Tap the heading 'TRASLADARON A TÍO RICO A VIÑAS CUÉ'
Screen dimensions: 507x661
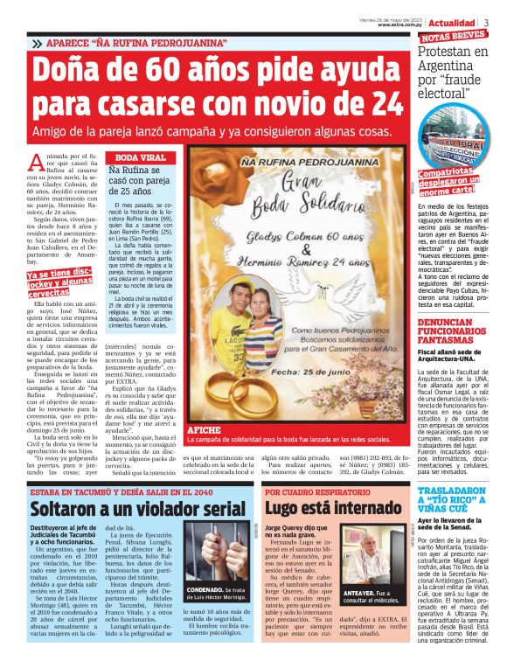456,499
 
